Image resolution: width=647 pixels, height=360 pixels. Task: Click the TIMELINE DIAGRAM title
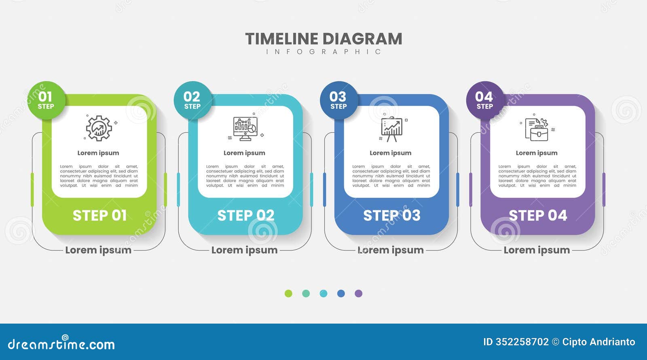[x=323, y=39]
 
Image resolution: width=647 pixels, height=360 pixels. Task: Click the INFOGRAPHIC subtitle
[x=323, y=52]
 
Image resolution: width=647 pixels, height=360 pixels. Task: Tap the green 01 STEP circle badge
[x=46, y=100]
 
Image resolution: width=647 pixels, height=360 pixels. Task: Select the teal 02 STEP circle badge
[x=192, y=100]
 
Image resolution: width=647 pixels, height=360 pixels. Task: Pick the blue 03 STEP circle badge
[x=338, y=100]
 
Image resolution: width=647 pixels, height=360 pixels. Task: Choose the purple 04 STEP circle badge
[x=484, y=100]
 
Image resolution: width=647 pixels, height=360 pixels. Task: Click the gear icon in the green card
[x=99, y=128]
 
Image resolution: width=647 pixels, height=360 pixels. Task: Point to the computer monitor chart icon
[x=245, y=129]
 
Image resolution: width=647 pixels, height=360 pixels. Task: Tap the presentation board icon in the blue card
[x=391, y=129]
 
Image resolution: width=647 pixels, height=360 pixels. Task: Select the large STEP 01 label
[x=99, y=216]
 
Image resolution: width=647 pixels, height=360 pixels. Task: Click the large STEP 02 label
[x=246, y=216]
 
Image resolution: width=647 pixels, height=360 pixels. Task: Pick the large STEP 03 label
[x=392, y=216]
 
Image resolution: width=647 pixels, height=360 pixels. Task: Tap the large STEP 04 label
[x=538, y=216]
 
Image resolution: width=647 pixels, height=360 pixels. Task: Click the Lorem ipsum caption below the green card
[x=98, y=250]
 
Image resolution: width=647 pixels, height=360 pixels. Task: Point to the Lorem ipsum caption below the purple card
[x=537, y=250]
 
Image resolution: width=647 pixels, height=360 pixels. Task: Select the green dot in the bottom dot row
[x=288, y=294]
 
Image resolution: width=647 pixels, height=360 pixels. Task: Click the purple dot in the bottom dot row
[x=358, y=294]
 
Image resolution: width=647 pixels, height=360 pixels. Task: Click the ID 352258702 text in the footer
[x=516, y=342]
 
